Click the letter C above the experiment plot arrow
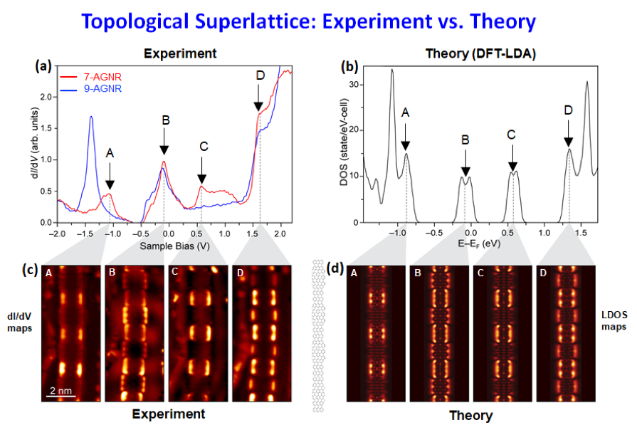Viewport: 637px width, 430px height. click(204, 147)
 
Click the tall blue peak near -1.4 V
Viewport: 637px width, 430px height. click(91, 118)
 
